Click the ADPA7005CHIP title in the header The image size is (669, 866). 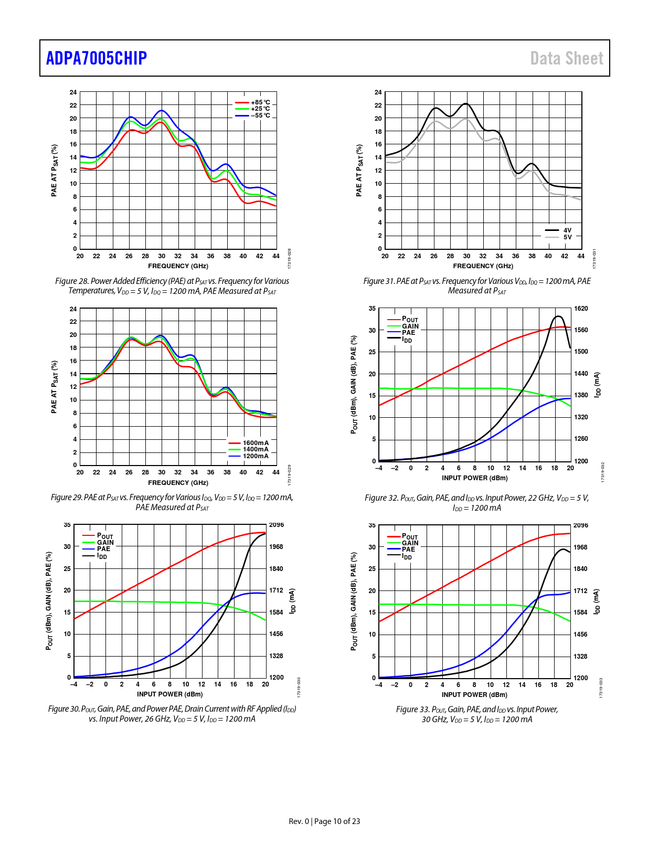pos(97,58)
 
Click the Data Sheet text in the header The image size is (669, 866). pos(567,58)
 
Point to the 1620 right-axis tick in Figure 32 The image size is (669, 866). pos(581,309)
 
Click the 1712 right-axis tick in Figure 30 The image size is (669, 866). pos(276,590)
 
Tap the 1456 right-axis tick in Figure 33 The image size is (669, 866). pos(580,635)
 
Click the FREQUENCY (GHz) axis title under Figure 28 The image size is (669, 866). pos(178,266)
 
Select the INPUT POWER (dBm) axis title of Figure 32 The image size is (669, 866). pos(474,478)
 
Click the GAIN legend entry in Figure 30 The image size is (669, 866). pos(105,543)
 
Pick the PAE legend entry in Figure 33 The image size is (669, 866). pos(408,550)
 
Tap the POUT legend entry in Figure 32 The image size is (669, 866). pos(410,320)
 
